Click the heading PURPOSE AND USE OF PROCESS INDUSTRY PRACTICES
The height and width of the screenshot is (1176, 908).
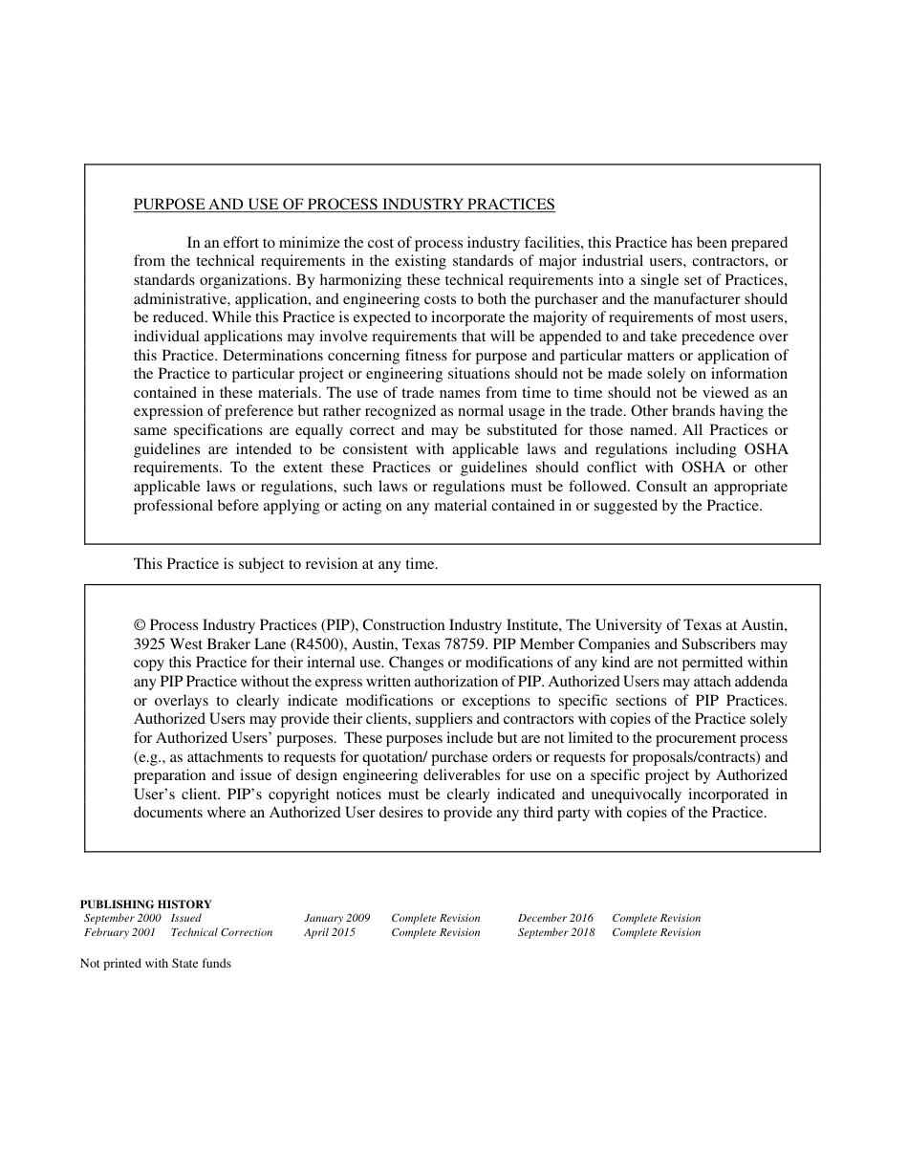[344, 205]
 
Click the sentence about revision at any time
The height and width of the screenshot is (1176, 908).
[286, 564]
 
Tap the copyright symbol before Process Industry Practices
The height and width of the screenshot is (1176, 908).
[140, 625]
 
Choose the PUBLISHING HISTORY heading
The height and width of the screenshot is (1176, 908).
[145, 904]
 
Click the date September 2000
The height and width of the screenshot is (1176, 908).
[122, 918]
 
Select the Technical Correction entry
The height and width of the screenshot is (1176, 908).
[222, 932]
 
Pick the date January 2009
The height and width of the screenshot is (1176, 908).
[337, 918]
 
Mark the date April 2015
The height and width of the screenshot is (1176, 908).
[330, 932]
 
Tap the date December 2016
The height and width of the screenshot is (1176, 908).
[555, 918]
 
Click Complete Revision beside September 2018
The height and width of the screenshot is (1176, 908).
[657, 932]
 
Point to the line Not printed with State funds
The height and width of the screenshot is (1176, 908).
[156, 964]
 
